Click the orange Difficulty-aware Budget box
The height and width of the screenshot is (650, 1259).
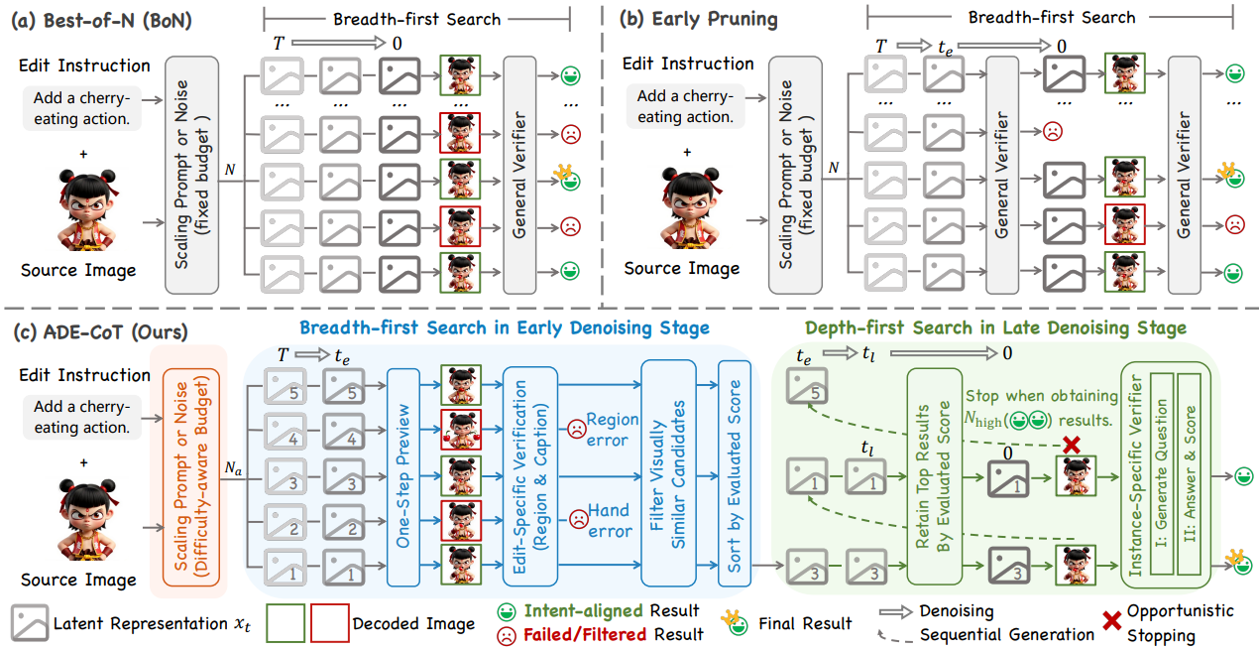point(194,471)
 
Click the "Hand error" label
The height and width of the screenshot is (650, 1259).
point(609,521)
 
